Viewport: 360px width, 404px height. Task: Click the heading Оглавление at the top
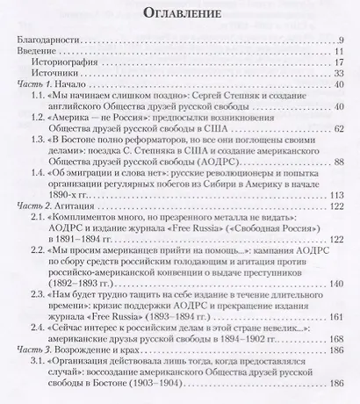(179, 15)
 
